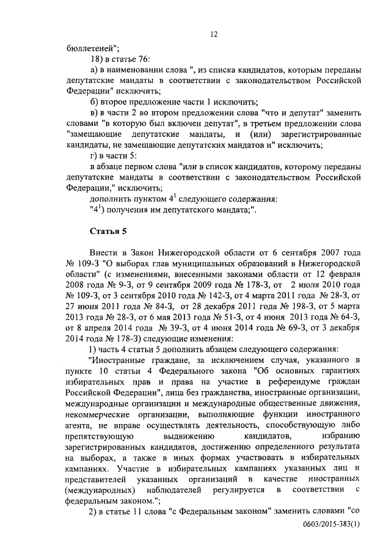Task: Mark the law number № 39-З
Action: [170, 331]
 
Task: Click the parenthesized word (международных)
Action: [99, 492]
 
